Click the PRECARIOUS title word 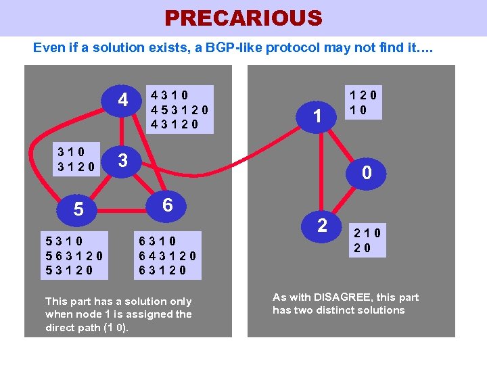(243, 18)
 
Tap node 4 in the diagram (123, 100)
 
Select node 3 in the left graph (122, 160)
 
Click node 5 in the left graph (78, 210)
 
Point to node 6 (168, 204)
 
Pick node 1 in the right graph (316, 116)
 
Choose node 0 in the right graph (367, 173)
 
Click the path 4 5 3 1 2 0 (179, 109)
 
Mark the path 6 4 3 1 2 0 (168, 255)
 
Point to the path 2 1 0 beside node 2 (367, 233)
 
